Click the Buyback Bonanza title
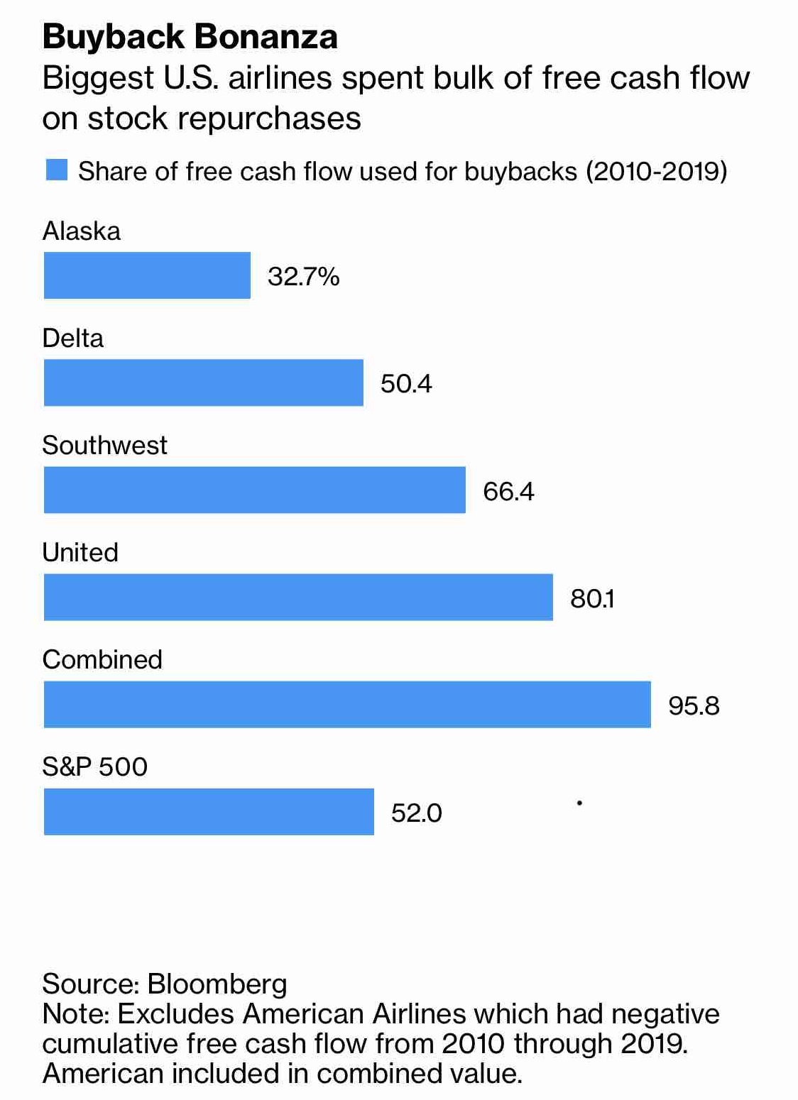(x=190, y=37)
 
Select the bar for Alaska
(x=147, y=275)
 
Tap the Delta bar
(x=203, y=383)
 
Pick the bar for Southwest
(x=254, y=490)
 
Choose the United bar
(x=298, y=597)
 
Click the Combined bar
(x=347, y=704)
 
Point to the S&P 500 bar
(x=209, y=811)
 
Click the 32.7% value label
(x=303, y=276)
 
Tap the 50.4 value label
(x=406, y=384)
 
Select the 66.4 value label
(x=508, y=491)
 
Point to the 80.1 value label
(x=592, y=598)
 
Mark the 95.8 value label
(x=694, y=705)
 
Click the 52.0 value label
(x=416, y=813)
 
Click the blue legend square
(x=56, y=170)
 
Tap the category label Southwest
(x=104, y=445)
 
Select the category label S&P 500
(x=94, y=766)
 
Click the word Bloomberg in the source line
(x=217, y=984)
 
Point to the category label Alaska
(x=81, y=231)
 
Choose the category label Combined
(x=102, y=659)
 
